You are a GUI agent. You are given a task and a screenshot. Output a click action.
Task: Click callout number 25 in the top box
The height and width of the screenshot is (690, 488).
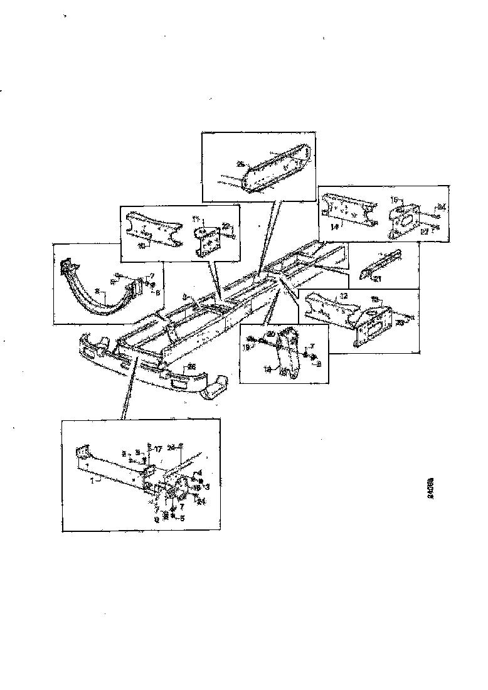tap(240, 164)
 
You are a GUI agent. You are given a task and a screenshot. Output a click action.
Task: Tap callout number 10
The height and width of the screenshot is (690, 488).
tap(142, 247)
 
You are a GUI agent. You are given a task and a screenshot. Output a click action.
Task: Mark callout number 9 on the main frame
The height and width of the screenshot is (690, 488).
tap(185, 297)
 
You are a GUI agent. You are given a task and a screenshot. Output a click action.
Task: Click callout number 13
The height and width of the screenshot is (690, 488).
tap(376, 300)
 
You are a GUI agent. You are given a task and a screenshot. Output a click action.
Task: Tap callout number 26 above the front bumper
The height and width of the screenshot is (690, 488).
tap(192, 367)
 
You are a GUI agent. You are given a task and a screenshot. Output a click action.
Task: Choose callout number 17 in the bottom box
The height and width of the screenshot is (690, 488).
tap(159, 449)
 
